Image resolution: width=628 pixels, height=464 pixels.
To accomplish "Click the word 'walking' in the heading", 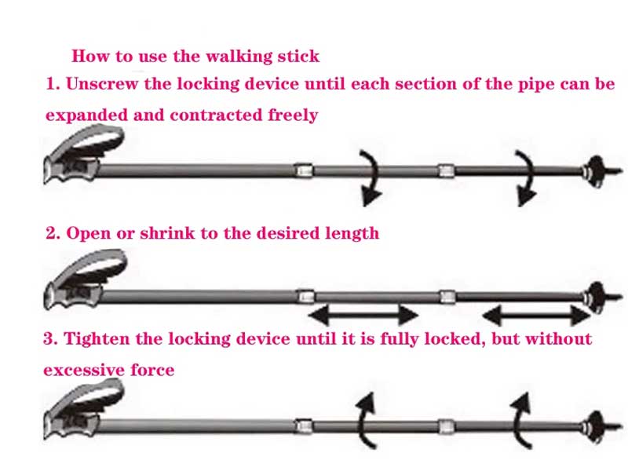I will [225, 56].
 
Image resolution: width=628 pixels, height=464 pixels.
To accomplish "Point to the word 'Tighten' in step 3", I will [95, 339].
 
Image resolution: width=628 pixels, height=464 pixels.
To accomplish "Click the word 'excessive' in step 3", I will [79, 370].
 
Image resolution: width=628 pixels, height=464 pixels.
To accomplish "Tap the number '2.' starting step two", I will [53, 233].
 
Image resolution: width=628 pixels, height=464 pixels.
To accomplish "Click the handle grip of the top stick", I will [78, 160].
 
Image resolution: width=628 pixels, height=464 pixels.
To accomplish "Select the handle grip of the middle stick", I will [78, 284].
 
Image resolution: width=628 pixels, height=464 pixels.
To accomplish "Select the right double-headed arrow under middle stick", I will [536, 316].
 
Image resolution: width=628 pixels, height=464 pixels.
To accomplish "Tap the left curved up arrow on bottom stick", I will [364, 420].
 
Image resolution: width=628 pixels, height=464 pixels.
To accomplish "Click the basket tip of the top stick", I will [594, 169].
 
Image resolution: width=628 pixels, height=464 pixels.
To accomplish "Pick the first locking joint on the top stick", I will [303, 170].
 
